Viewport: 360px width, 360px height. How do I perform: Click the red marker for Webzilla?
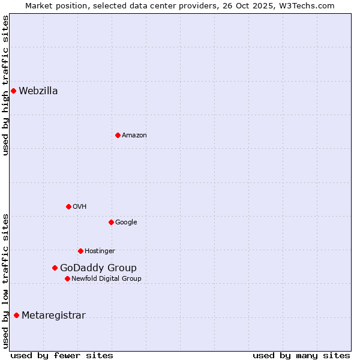13,91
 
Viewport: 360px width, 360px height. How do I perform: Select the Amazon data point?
118,135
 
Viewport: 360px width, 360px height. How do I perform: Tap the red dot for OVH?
68,206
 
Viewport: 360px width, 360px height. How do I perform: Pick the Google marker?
111,222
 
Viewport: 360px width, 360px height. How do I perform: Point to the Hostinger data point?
80,251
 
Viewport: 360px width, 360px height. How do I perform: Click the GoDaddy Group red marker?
55,268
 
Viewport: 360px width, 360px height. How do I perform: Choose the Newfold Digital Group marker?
67,278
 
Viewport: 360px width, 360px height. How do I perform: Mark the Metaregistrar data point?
16,315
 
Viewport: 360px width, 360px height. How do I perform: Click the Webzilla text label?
38,91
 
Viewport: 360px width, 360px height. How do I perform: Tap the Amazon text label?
134,136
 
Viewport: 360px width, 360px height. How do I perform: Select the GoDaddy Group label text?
98,268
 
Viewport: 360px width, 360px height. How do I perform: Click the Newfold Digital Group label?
106,278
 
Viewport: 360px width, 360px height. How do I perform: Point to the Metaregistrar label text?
53,316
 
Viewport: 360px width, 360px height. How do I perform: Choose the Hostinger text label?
100,251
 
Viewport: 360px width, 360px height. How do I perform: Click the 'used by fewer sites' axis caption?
62,355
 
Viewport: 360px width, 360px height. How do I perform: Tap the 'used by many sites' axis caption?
301,355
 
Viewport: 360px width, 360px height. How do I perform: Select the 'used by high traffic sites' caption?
5,85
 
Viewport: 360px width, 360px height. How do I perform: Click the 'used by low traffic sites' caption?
5,280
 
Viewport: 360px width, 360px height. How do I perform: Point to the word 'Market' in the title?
38,5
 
